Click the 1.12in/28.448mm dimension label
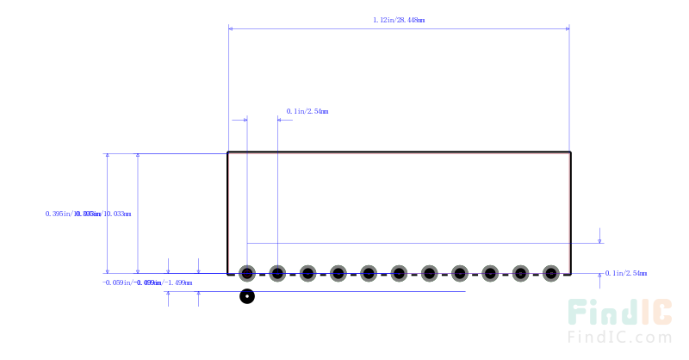coord(398,19)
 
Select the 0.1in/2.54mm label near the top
coord(307,111)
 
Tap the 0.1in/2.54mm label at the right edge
coord(626,273)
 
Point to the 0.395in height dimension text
coord(88,214)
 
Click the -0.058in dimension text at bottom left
coord(147,282)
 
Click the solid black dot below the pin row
coord(247,297)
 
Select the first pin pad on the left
coord(247,274)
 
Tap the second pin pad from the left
coord(277,274)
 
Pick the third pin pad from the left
coord(307,274)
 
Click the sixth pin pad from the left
coord(399,274)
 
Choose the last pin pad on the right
coord(550,274)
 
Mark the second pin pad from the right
coord(520,274)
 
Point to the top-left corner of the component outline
coord(228,153)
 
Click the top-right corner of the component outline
coord(570,153)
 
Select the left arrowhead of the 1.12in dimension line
coord(232,28)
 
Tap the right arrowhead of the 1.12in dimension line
coord(566,28)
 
